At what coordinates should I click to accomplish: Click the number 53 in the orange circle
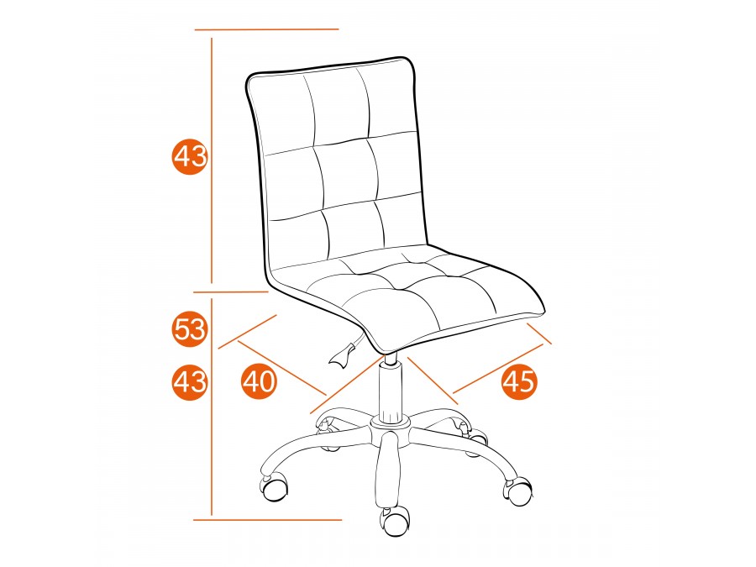click(x=190, y=330)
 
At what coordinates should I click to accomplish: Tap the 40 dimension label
click(x=260, y=382)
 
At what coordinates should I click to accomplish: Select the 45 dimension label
click(x=519, y=382)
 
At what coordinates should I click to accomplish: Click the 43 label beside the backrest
click(x=190, y=156)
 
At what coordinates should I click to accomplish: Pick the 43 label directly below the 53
click(x=190, y=383)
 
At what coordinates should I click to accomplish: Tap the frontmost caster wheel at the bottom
click(x=396, y=521)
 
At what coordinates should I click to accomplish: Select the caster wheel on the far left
click(x=274, y=488)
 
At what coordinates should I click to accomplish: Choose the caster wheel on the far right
click(x=518, y=491)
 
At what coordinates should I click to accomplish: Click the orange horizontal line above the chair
click(x=266, y=29)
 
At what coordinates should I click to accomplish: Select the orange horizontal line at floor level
click(x=268, y=520)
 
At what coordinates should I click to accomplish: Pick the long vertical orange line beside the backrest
click(x=212, y=160)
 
